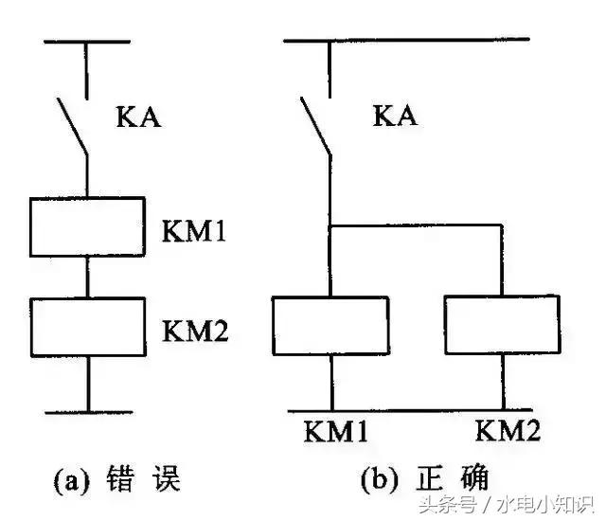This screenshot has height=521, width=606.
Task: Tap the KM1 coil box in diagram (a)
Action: tap(87, 227)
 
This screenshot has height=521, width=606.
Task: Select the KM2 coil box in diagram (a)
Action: tap(87, 325)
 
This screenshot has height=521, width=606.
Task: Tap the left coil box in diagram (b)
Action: tap(330, 324)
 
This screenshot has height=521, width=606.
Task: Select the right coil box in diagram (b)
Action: tap(501, 324)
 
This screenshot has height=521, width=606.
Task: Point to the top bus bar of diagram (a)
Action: tap(86, 41)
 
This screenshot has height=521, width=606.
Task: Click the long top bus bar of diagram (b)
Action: tap(406, 40)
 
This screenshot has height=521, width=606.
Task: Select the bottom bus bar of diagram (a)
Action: tap(87, 412)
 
